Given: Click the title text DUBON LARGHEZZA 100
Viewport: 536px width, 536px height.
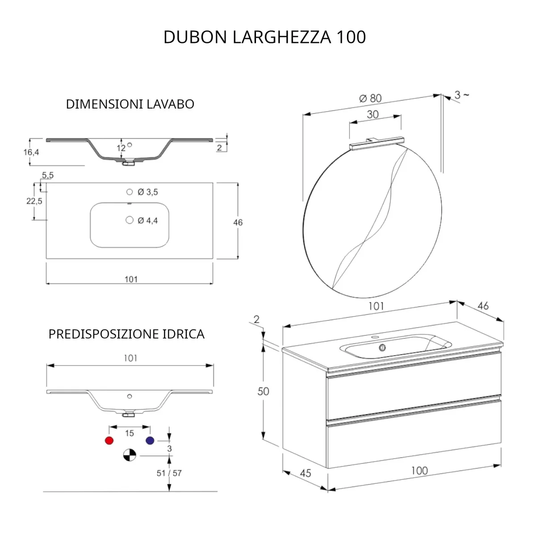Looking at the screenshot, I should click(x=264, y=37).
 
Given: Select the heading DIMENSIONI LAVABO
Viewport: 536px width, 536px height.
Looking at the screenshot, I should click(x=130, y=104).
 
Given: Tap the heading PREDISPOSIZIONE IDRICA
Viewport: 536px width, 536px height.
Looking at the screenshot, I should click(x=126, y=334).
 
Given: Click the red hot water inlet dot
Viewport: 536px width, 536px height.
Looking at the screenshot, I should click(x=109, y=440).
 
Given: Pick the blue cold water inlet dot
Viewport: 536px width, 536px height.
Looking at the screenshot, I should click(x=150, y=440).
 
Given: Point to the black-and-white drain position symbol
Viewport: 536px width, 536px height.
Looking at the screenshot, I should click(x=129, y=456).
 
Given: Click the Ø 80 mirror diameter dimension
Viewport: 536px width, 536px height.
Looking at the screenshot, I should click(x=370, y=98).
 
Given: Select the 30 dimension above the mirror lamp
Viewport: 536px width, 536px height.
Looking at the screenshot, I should click(x=373, y=114).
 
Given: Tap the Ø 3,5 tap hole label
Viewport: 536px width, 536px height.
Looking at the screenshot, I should click(x=147, y=192).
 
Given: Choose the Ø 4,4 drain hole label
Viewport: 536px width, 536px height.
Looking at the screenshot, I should click(x=147, y=220).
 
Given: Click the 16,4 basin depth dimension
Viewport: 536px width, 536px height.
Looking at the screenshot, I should click(x=31, y=152).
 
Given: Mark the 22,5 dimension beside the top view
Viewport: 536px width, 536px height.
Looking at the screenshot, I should click(x=34, y=201).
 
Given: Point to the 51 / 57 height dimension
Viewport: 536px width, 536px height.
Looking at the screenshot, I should click(x=169, y=473).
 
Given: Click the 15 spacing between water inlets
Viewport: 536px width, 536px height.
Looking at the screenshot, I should click(x=129, y=433).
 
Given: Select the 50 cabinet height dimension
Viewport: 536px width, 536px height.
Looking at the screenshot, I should click(x=264, y=391).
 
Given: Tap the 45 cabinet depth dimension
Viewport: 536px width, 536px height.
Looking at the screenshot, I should click(x=305, y=473).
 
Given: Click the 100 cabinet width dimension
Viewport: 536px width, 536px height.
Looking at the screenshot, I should click(x=419, y=470).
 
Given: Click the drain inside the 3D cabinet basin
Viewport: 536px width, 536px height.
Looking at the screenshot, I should click(x=382, y=347).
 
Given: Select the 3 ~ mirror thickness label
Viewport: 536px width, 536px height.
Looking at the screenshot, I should click(x=461, y=95).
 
